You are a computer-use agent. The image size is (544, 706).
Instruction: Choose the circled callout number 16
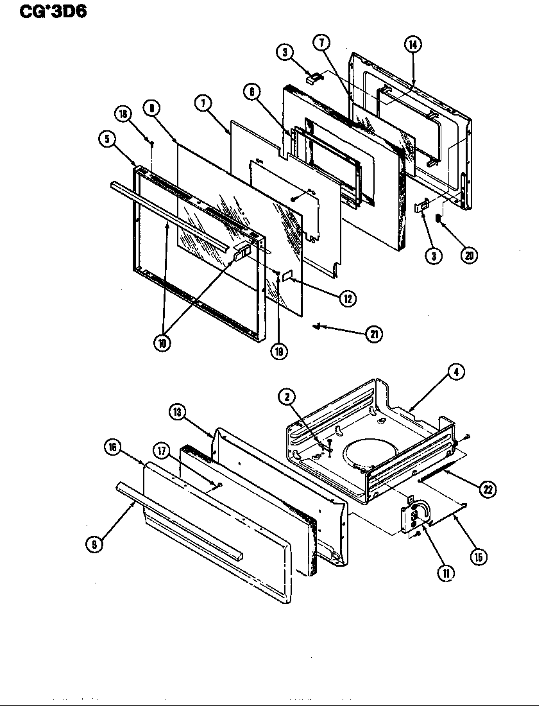pyautogui.click(x=114, y=449)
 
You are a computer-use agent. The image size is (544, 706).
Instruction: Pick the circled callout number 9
pyautogui.click(x=94, y=544)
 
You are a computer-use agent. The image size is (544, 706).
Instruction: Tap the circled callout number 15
pyautogui.click(x=477, y=556)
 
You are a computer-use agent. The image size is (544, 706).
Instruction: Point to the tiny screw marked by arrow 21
pyautogui.click(x=317, y=327)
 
